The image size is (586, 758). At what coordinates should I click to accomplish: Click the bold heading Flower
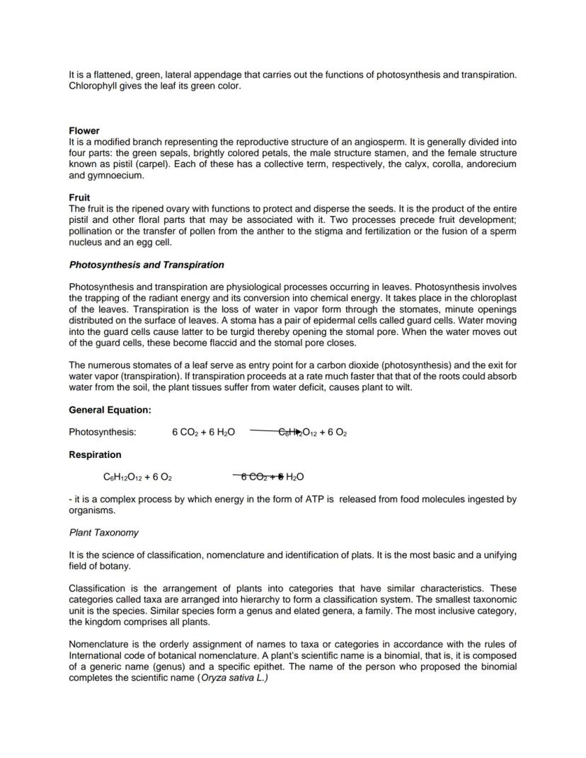click(x=84, y=131)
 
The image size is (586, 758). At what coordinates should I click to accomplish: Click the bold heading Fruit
click(x=79, y=197)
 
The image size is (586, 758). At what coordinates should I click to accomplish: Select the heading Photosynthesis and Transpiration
click(x=146, y=265)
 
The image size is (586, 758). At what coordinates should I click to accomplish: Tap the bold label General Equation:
click(x=110, y=410)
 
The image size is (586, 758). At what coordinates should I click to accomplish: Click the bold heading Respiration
click(x=95, y=454)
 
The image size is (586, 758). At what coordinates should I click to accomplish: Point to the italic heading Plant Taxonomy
click(x=104, y=532)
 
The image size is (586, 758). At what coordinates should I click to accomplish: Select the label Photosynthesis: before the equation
click(x=103, y=432)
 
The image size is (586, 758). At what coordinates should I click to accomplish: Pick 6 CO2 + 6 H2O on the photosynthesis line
click(x=203, y=432)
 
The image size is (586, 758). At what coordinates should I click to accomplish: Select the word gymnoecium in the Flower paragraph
click(x=115, y=175)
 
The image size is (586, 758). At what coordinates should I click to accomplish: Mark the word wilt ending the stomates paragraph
click(x=403, y=387)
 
